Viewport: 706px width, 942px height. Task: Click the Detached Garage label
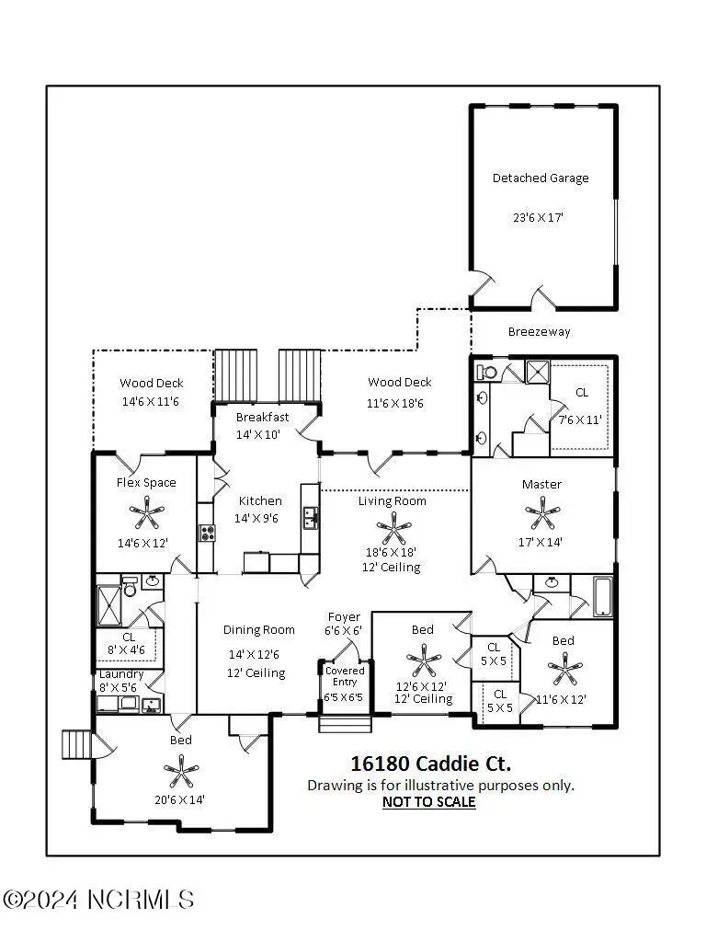coord(541,178)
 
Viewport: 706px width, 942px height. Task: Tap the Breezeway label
coord(539,332)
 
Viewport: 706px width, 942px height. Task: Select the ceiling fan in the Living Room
coord(393,528)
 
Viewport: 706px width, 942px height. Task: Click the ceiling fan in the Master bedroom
coord(541,512)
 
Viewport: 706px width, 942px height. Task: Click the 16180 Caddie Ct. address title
coord(431,764)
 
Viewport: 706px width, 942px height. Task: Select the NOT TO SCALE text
coord(428,802)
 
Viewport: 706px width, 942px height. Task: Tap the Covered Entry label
coord(345,676)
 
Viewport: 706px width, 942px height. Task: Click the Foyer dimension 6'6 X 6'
coord(345,631)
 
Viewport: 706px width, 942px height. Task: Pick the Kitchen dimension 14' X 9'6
coord(260,519)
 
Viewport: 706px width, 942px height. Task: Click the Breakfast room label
coord(262,417)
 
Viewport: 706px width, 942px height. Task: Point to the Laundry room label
coord(121,674)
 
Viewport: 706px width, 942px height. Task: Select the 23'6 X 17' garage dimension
coord(541,219)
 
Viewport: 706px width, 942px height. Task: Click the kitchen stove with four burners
coord(207,532)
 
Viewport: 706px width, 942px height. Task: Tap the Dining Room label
coord(259,630)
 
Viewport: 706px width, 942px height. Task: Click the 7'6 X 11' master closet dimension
coord(581,420)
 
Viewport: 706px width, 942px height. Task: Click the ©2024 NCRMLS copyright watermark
coord(98,899)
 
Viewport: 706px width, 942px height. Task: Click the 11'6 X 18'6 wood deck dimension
coord(400,403)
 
